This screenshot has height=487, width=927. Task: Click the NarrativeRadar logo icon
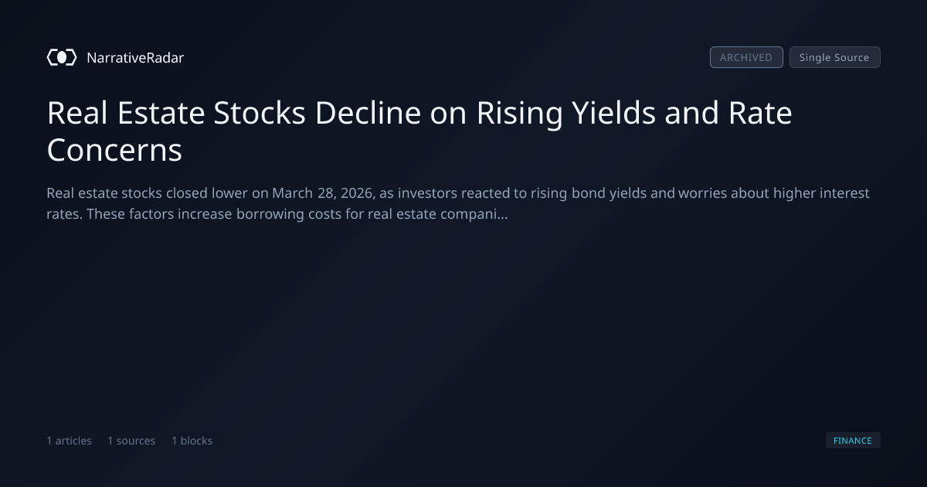[62, 57]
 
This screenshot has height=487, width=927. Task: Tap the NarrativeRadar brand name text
[135, 58]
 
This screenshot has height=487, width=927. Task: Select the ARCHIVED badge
[746, 57]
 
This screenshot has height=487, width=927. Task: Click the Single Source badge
[835, 57]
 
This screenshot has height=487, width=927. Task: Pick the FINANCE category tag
[853, 441]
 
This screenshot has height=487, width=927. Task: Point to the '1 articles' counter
[69, 441]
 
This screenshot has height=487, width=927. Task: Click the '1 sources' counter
[131, 441]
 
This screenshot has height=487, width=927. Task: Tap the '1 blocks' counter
[192, 441]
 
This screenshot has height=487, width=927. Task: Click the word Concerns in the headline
[114, 150]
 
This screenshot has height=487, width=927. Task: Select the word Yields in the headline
[613, 113]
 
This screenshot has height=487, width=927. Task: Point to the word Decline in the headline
[368, 113]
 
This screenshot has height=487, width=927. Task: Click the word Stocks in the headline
[260, 113]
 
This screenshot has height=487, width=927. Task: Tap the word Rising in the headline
[519, 113]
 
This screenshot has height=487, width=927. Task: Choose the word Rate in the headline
[760, 113]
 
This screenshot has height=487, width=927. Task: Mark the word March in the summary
[292, 193]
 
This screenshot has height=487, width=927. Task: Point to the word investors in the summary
[427, 193]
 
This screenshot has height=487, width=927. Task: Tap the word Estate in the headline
[161, 113]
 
